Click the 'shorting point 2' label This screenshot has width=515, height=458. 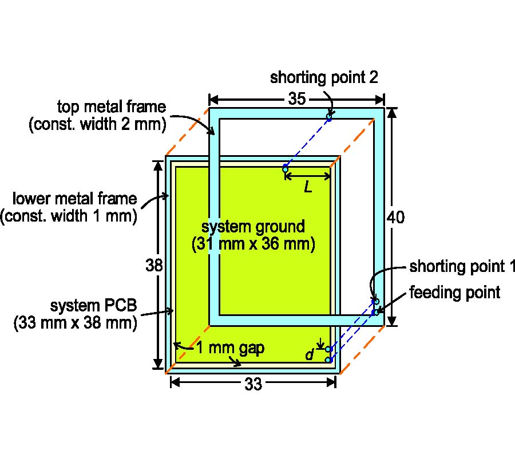pyautogui.click(x=324, y=77)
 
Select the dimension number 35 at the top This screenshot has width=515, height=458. pyautogui.click(x=296, y=99)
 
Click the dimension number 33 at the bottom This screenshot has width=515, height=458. pyautogui.click(x=253, y=385)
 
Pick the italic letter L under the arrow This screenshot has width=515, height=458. pyautogui.click(x=308, y=187)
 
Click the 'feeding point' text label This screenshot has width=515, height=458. pyautogui.click(x=455, y=293)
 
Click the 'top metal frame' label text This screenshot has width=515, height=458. pyautogui.click(x=112, y=106)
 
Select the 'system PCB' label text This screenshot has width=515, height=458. pyautogui.click(x=93, y=304)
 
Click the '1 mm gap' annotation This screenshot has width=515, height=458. pyautogui.click(x=231, y=348)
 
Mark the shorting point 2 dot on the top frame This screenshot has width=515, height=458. pyautogui.click(x=329, y=117)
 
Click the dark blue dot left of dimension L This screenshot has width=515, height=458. pyautogui.click(x=285, y=169)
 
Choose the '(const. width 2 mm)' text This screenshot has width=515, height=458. pyautogui.click(x=97, y=124)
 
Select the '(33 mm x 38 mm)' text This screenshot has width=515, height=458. pyautogui.click(x=76, y=322)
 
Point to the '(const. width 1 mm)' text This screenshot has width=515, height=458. pyautogui.click(x=69, y=217)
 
